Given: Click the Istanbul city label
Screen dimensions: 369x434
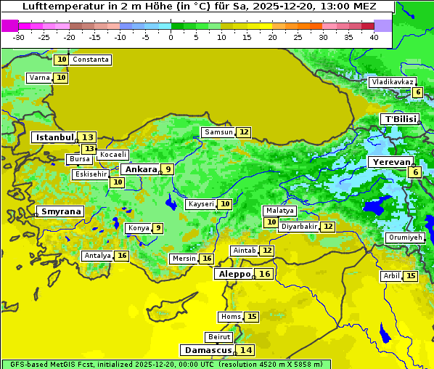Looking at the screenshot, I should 55,137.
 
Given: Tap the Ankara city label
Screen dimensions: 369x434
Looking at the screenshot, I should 140,169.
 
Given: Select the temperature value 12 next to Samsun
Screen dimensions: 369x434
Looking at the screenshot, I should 244,132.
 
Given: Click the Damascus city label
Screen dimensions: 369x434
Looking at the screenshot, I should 208,350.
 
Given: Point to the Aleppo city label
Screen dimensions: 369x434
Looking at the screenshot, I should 234,274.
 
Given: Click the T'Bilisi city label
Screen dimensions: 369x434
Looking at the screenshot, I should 400,119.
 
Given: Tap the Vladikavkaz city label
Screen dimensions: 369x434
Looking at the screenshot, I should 392,82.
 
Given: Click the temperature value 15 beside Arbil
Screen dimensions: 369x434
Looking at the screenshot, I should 411,276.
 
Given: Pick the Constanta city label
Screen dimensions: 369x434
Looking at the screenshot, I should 91,60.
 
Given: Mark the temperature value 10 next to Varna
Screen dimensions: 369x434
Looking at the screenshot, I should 61,78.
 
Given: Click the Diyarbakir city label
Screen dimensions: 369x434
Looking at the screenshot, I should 299,227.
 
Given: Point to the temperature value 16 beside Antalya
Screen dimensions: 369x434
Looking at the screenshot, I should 122,256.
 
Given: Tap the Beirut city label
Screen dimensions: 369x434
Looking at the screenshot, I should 219,337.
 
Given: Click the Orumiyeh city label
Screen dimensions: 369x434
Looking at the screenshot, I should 404,238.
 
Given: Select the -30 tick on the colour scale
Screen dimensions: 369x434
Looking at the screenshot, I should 19,37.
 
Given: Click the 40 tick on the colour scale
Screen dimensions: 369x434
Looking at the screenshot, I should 374,37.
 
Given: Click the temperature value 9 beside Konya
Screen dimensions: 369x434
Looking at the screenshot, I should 157,228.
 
